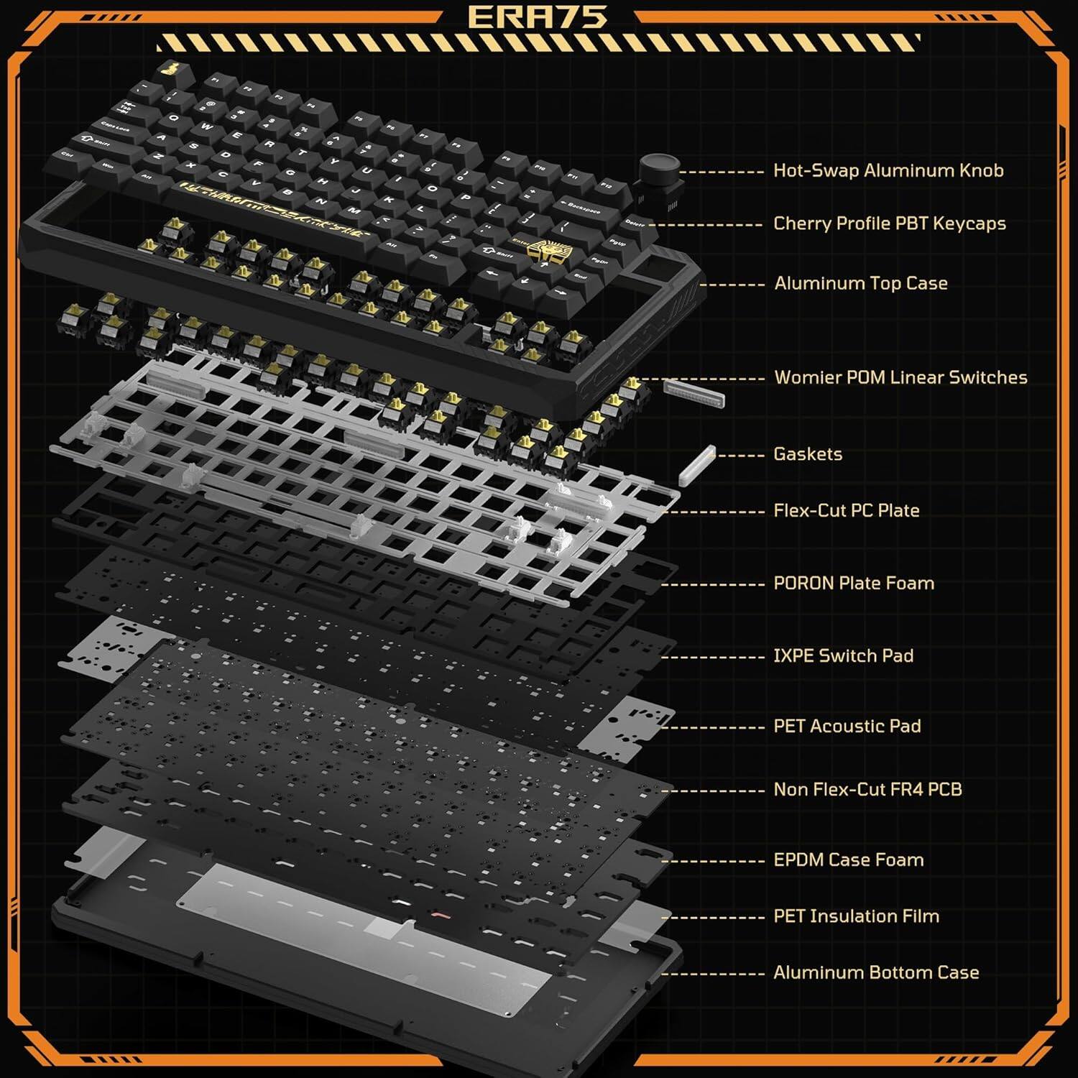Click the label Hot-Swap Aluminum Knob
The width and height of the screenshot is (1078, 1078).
pyautogui.click(x=888, y=171)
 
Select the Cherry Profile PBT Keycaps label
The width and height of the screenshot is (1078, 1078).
pyautogui.click(x=889, y=224)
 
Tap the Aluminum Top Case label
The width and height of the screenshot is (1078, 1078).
pyautogui.click(x=860, y=283)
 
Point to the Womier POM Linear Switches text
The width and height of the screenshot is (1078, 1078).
pyautogui.click(x=900, y=378)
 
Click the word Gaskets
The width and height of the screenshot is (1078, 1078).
pyautogui.click(x=807, y=454)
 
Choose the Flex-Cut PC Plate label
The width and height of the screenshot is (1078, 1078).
pyautogui.click(x=846, y=511)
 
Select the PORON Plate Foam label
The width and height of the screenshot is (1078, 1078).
pyautogui.click(x=853, y=583)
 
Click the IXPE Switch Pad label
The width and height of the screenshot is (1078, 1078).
pyautogui.click(x=843, y=655)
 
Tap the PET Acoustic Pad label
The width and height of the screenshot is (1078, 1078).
pyautogui.click(x=847, y=726)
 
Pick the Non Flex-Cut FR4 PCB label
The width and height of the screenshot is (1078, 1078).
pyautogui.click(x=867, y=789)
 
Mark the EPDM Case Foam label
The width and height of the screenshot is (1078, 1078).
pyautogui.click(x=848, y=860)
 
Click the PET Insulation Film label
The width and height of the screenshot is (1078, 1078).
pyautogui.click(x=856, y=916)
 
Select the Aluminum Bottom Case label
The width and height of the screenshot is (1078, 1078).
pyautogui.click(x=875, y=972)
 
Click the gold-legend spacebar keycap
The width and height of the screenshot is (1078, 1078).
pyautogui.click(x=277, y=208)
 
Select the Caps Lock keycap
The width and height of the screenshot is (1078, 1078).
pyautogui.click(x=115, y=126)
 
